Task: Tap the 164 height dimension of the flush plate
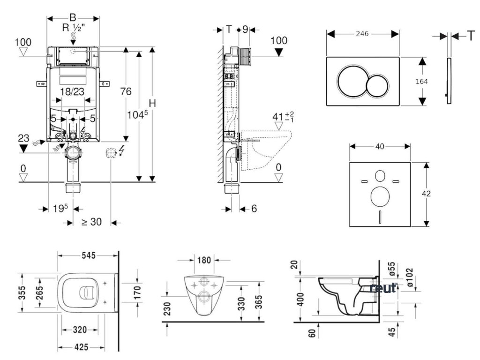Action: tap(422, 81)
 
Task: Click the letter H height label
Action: tap(152, 103)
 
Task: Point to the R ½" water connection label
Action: tap(73, 28)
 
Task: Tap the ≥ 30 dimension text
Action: tap(91, 222)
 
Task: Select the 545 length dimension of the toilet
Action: tap(88, 255)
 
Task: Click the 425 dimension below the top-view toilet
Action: tap(82, 348)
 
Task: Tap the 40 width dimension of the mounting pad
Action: tap(380, 147)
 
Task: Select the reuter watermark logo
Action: tap(383, 287)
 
